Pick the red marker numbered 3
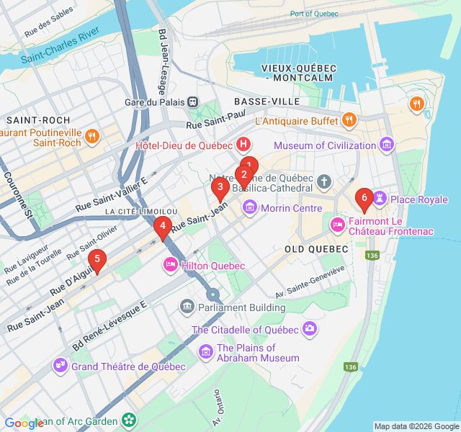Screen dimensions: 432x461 220,189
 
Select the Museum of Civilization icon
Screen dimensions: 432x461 388,145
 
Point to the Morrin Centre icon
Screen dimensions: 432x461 250,208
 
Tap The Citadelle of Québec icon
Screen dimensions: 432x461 309,329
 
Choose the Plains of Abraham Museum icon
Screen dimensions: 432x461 206,351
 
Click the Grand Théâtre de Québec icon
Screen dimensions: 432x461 60,366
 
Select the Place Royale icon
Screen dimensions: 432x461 380,199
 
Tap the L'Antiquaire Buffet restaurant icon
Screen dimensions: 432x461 349,120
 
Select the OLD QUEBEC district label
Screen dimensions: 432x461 316,248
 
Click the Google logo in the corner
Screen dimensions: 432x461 24,423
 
